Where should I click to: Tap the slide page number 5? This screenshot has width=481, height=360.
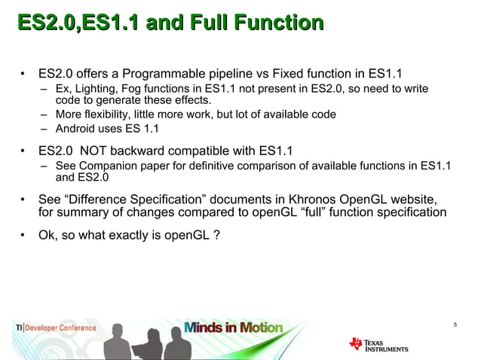tap(456, 325)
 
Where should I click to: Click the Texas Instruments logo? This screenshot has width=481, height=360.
tap(378, 343)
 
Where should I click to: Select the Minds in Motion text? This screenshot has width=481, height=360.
tap(234, 328)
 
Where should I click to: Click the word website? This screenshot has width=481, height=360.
tap(415, 199)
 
